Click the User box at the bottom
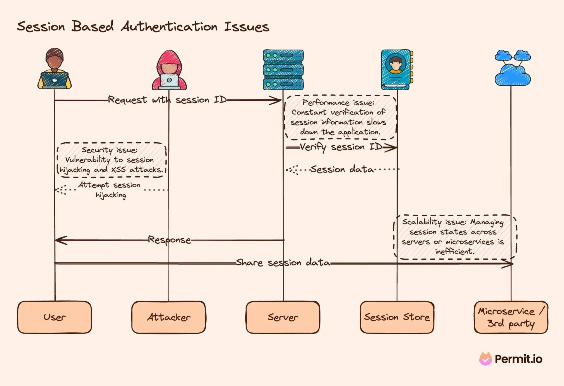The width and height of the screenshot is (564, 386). pyautogui.click(x=55, y=317)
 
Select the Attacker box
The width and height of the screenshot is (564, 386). pyautogui.click(x=169, y=317)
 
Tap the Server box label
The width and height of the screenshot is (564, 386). pyautogui.click(x=283, y=317)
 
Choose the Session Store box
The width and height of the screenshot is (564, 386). pyautogui.click(x=397, y=317)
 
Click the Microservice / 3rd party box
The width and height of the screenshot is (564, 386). pyautogui.click(x=511, y=317)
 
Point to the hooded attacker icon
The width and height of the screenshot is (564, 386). pyautogui.click(x=169, y=70)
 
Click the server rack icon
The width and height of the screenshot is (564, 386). pyautogui.click(x=283, y=70)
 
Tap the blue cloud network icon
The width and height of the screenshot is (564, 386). pyautogui.click(x=513, y=68)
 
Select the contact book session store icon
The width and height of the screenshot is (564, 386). pyautogui.click(x=397, y=70)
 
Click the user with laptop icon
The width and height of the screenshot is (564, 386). pyautogui.click(x=55, y=69)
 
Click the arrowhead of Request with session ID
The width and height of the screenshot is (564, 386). pyautogui.click(x=276, y=100)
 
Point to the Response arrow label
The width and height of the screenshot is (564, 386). pyautogui.click(x=169, y=240)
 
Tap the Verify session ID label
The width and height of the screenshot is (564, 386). pyautogui.click(x=341, y=147)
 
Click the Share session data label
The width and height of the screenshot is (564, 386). pyautogui.click(x=283, y=262)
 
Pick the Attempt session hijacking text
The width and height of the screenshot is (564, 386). pyautogui.click(x=110, y=190)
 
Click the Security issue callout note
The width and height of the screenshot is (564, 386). pyautogui.click(x=111, y=160)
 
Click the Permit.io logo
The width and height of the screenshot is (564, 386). pyautogui.click(x=511, y=359)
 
